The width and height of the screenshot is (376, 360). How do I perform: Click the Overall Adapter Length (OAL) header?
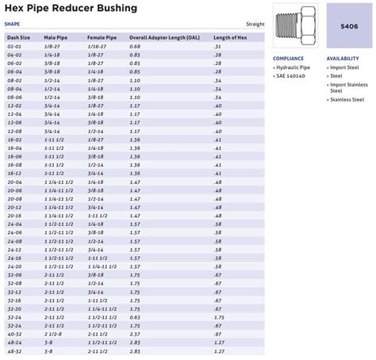(165, 37)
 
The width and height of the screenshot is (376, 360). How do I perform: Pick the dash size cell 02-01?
(14, 47)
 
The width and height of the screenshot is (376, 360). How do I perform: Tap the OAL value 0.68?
(135, 47)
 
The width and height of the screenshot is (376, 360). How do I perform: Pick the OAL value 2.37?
(135, 334)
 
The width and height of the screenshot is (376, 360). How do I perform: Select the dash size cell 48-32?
(14, 352)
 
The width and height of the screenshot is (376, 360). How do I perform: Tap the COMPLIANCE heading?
(288, 59)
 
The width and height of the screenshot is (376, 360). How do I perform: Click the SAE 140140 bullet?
(291, 76)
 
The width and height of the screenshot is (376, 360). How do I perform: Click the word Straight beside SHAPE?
(255, 24)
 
